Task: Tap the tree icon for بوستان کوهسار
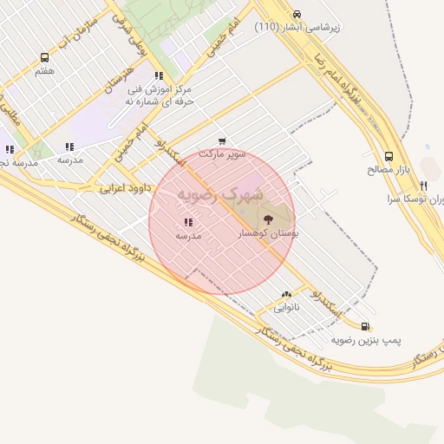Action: click(x=266, y=219)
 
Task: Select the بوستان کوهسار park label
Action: click(x=267, y=235)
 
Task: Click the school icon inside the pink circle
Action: click(x=188, y=222)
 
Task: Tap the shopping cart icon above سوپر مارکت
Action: click(x=223, y=140)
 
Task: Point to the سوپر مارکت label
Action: click(x=223, y=154)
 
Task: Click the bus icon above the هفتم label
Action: click(x=43, y=57)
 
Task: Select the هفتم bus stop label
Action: click(x=43, y=71)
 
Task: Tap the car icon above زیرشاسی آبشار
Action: click(x=297, y=14)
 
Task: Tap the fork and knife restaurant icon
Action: click(x=423, y=186)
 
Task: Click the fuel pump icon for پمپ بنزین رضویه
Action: click(x=365, y=327)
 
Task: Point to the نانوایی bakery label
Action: click(x=286, y=308)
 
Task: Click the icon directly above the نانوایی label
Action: click(x=286, y=295)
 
